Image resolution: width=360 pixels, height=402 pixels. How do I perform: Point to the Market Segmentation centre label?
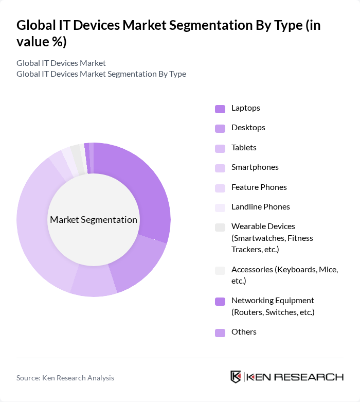click(x=94, y=220)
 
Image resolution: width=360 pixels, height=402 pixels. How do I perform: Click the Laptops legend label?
click(x=246, y=108)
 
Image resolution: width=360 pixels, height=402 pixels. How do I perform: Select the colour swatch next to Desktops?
click(x=220, y=128)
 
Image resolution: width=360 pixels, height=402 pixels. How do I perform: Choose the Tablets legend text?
click(x=244, y=148)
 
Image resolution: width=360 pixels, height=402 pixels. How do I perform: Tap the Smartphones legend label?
click(x=255, y=167)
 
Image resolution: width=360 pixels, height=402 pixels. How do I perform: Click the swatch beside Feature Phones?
click(x=220, y=188)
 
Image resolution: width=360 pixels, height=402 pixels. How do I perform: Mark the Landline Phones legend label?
click(x=261, y=207)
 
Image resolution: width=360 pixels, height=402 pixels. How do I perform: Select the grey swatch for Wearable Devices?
click(x=220, y=228)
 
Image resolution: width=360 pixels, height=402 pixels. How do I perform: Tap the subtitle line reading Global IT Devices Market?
click(x=61, y=63)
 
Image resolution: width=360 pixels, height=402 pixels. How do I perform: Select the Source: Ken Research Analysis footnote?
click(x=65, y=378)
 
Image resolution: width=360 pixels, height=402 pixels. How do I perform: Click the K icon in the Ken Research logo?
click(x=236, y=377)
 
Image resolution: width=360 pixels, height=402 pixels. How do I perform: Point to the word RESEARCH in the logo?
click(x=314, y=377)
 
